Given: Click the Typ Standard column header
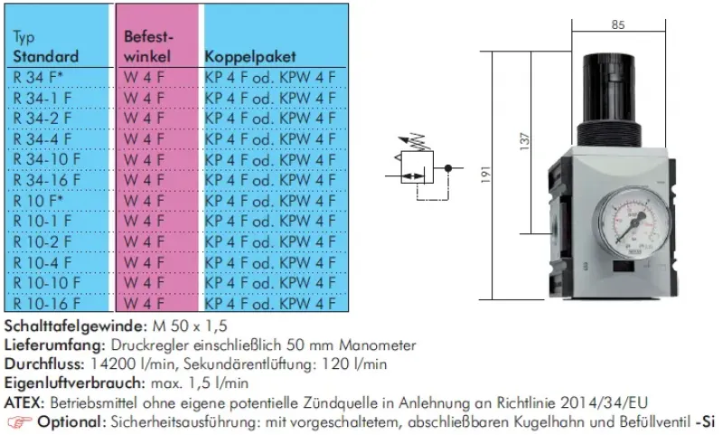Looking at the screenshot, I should (x=46, y=47).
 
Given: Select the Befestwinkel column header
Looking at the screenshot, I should (x=148, y=47).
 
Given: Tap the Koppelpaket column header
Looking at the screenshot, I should (x=250, y=56).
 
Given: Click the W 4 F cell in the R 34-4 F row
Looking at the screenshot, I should (x=144, y=138).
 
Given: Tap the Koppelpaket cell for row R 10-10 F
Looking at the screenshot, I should (x=270, y=283).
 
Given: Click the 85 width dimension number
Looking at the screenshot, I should (x=618, y=25).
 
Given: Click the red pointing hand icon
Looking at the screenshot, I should (x=18, y=422).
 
